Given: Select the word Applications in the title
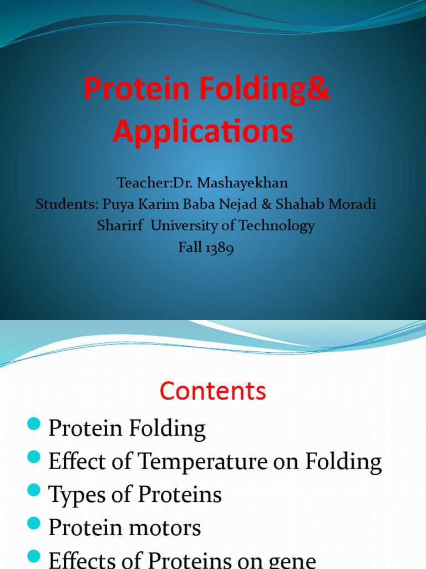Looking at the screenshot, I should pyautogui.click(x=203, y=132).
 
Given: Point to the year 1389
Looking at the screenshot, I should pyautogui.click(x=220, y=248).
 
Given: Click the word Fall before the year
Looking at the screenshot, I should pyautogui.click(x=189, y=248).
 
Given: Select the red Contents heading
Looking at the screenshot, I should pyautogui.click(x=213, y=391).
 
